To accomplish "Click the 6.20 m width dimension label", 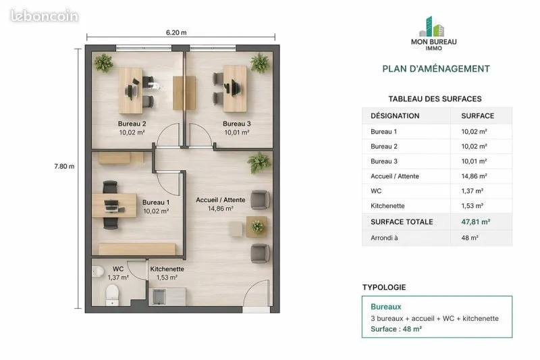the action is pos(176,32).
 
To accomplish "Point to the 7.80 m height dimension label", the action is pos(64,166).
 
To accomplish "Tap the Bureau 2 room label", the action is pos(132,124).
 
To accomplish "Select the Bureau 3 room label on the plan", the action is pos(237,124).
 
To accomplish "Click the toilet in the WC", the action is pos(112,295).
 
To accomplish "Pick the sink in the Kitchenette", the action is pos(159,297).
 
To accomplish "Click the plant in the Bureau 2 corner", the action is pos(103,63).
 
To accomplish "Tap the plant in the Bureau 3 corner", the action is pos(260,63).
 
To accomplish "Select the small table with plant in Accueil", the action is pos(256,227).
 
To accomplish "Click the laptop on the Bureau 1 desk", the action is pos(111,205).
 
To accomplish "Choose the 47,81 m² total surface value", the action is pos(476,222).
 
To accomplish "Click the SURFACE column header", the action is pos(478,115).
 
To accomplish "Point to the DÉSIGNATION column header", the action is pos(395,115).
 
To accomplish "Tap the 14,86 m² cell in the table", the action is pos(475,176).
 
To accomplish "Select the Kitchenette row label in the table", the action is pos(387,205).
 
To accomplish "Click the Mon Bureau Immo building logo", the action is pos(432,26).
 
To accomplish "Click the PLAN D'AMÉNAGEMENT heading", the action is pos(436,68).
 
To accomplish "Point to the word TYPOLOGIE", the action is pos(384,287).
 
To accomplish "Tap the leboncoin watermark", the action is pos(45,16).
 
